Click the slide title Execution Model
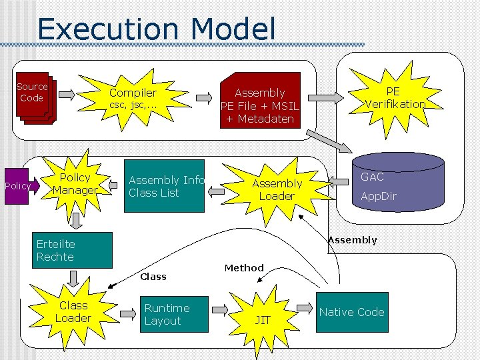point(156,29)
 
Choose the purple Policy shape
point(17,186)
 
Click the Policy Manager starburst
point(75,184)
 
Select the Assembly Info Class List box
point(165,186)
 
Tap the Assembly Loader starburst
point(277,189)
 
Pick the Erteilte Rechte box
point(73,250)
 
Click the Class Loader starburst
point(73,312)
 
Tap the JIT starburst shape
point(263,317)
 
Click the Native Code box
point(351,312)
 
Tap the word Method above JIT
point(244,268)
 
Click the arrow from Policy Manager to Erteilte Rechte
point(76,221)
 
